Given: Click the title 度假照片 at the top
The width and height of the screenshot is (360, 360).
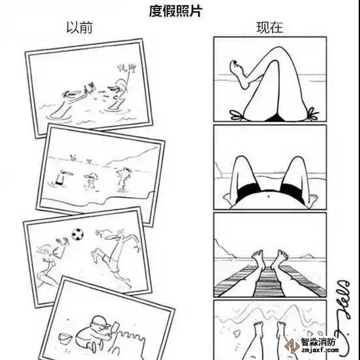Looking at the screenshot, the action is coord(175,11).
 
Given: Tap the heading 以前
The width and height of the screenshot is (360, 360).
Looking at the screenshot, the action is coord(80,27).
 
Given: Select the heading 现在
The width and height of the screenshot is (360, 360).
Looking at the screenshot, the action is coord(269,27).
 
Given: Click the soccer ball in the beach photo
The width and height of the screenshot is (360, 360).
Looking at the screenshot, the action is coord(78,234).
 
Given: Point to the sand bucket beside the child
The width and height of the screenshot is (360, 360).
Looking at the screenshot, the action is coord(65,339).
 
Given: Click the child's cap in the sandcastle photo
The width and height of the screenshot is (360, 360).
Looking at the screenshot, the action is coord(101,322).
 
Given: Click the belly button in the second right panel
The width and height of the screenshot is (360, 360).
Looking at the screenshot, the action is coord(268,196).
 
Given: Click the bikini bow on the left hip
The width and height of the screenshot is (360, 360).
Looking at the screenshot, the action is coord(237,115).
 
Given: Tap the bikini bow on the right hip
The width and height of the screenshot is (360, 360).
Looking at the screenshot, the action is coord(312,113).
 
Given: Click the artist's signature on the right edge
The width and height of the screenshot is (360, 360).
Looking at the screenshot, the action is coord(344,317).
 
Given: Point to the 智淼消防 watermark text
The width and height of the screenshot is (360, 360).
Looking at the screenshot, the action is coord(318,342).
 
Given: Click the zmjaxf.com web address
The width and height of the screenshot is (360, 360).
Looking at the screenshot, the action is coord(320,351).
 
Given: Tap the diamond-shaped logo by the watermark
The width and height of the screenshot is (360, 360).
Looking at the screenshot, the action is coord(292,346).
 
